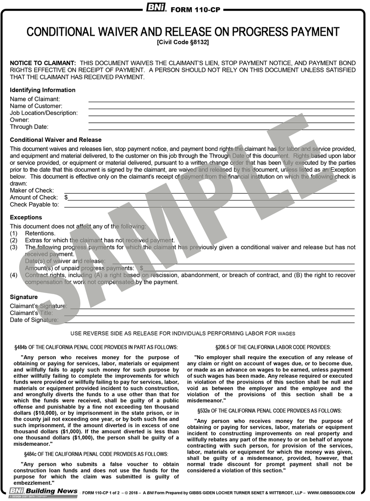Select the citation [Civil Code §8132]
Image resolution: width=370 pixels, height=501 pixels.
[x=183, y=43]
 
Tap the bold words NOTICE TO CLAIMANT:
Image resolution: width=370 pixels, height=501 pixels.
[x=43, y=64]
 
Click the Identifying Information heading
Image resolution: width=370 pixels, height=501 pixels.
[x=43, y=90]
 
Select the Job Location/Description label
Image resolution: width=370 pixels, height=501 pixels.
[x=44, y=113]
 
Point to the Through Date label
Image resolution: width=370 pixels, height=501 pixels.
[x=29, y=127]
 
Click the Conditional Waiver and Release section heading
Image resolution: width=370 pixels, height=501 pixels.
[x=56, y=140]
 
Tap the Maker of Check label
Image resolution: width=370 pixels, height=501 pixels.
[x=32, y=190]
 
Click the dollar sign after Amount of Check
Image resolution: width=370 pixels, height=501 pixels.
[x=66, y=197]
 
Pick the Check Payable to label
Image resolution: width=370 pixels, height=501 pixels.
[x=34, y=205]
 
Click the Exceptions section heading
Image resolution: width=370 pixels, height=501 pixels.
[x=26, y=217]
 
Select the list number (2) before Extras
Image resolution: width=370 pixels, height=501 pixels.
[x=14, y=240]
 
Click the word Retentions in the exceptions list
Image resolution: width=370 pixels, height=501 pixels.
[x=40, y=233]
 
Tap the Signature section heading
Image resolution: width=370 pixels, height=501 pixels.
[x=23, y=297]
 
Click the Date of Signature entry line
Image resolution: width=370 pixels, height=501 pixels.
[x=208, y=320]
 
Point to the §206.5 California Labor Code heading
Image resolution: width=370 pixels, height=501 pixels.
[x=270, y=347]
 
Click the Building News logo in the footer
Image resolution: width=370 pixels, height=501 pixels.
[x=43, y=491]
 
